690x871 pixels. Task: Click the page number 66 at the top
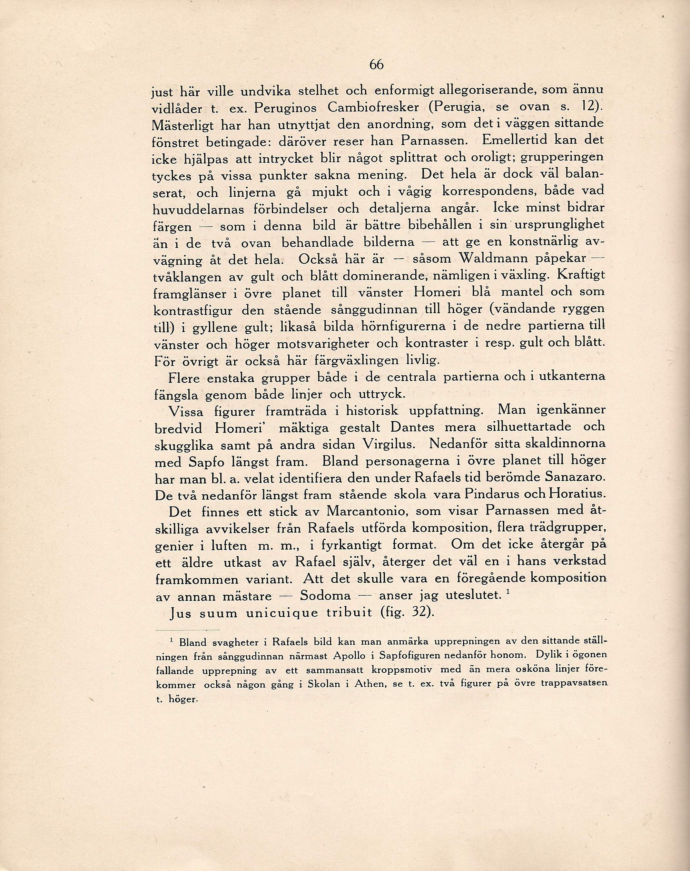pos(376,65)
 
